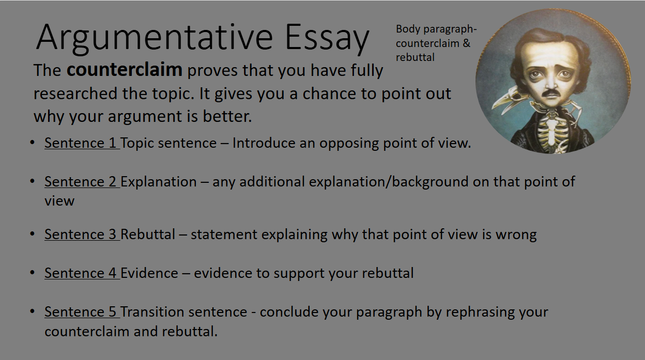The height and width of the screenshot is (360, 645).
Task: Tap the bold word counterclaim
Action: click(125, 70)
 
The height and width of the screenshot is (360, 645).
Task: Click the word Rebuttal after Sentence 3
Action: click(148, 234)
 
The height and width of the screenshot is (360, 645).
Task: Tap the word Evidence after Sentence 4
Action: click(149, 273)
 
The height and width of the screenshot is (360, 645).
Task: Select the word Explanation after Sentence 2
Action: click(158, 182)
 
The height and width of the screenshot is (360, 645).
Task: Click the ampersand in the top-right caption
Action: click(467, 43)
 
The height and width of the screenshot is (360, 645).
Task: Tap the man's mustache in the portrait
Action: click(550, 93)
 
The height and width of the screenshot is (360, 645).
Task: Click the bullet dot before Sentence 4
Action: click(32, 273)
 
